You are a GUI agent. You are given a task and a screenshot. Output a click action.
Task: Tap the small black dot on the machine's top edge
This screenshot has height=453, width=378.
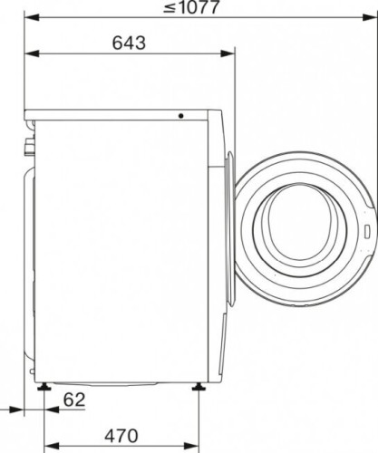[x=180, y=116]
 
